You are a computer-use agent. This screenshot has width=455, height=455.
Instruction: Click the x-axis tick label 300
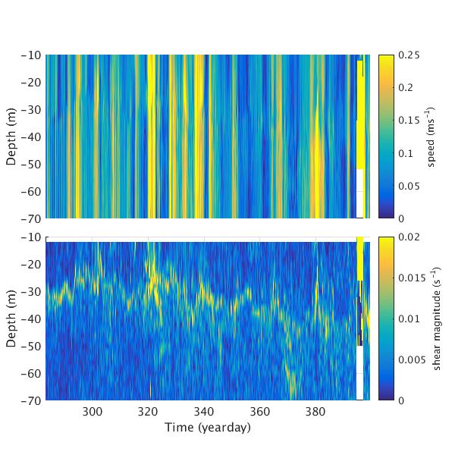point(93,411)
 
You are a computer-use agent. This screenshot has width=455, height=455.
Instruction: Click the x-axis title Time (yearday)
point(208,427)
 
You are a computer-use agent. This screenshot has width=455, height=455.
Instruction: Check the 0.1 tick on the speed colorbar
point(407,153)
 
